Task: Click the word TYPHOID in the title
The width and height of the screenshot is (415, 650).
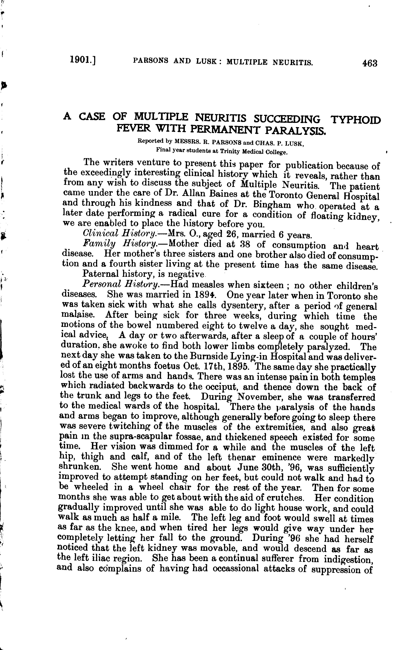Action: [356, 120]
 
